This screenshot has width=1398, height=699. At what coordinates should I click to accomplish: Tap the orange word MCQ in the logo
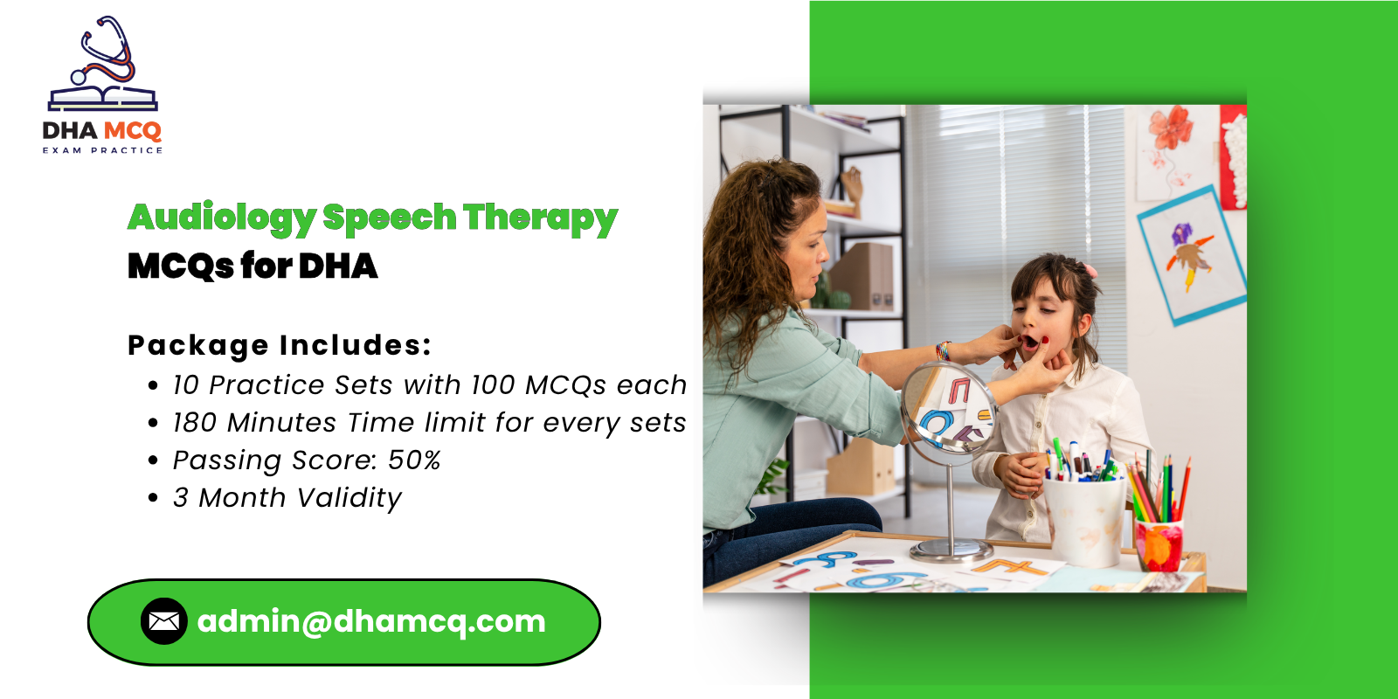pyautogui.click(x=132, y=131)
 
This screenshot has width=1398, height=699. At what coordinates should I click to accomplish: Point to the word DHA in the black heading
pyautogui.click(x=338, y=266)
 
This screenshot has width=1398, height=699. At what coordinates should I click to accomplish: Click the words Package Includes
pyautogui.click(x=280, y=346)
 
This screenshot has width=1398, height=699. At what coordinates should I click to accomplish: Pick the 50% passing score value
pyautogui.click(x=414, y=460)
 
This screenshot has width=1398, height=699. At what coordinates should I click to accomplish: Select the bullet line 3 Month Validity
pyautogui.click(x=287, y=498)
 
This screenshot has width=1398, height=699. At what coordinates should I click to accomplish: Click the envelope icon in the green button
pyautogui.click(x=164, y=621)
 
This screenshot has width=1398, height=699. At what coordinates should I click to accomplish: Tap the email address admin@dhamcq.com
pyautogui.click(x=371, y=621)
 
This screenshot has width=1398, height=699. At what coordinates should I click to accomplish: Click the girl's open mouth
pyautogui.click(x=1030, y=342)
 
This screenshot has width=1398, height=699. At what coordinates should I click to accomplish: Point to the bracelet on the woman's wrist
pyautogui.click(x=943, y=350)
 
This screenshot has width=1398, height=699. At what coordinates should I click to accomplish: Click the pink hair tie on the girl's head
pyautogui.click(x=1090, y=271)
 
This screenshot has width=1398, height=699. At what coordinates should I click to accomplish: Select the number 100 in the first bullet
pyautogui.click(x=493, y=385)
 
